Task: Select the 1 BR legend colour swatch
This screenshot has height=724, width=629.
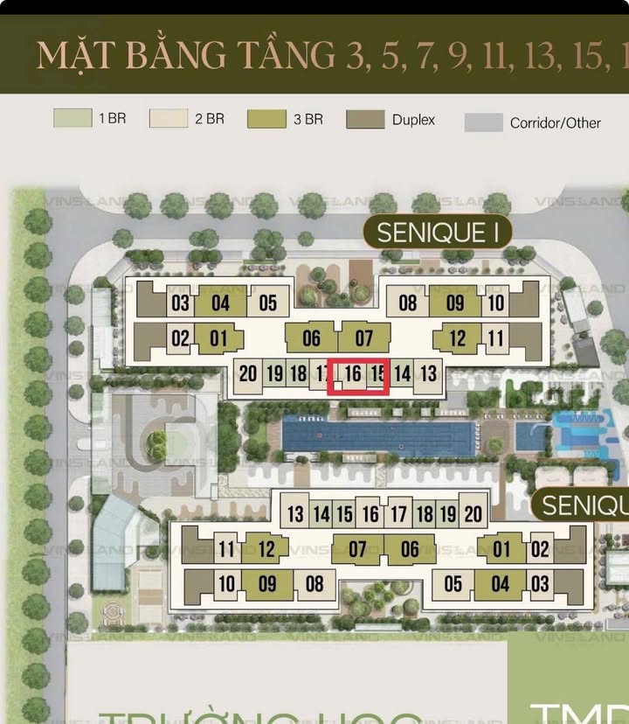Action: [x=73, y=118]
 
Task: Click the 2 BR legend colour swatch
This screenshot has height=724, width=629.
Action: [x=169, y=118]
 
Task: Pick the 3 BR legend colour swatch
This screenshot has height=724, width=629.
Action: [x=266, y=118]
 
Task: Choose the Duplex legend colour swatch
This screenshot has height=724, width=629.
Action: [x=365, y=119]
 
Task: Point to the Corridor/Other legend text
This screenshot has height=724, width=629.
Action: [x=556, y=123]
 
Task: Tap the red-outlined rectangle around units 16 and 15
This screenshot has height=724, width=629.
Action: [x=358, y=377]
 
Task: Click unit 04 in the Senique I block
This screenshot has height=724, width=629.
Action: [x=220, y=303]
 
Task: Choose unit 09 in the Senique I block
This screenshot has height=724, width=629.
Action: [x=454, y=303]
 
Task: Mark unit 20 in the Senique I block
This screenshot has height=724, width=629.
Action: [x=248, y=374]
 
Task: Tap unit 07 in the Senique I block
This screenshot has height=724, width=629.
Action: [x=364, y=338]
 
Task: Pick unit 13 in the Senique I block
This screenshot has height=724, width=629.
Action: [x=428, y=374]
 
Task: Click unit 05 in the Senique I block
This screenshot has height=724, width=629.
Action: [x=268, y=303]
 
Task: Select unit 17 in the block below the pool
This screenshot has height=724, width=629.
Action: [x=398, y=514]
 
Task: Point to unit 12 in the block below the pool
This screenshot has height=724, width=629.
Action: [x=266, y=550]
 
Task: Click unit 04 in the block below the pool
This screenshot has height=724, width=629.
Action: [x=501, y=583]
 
